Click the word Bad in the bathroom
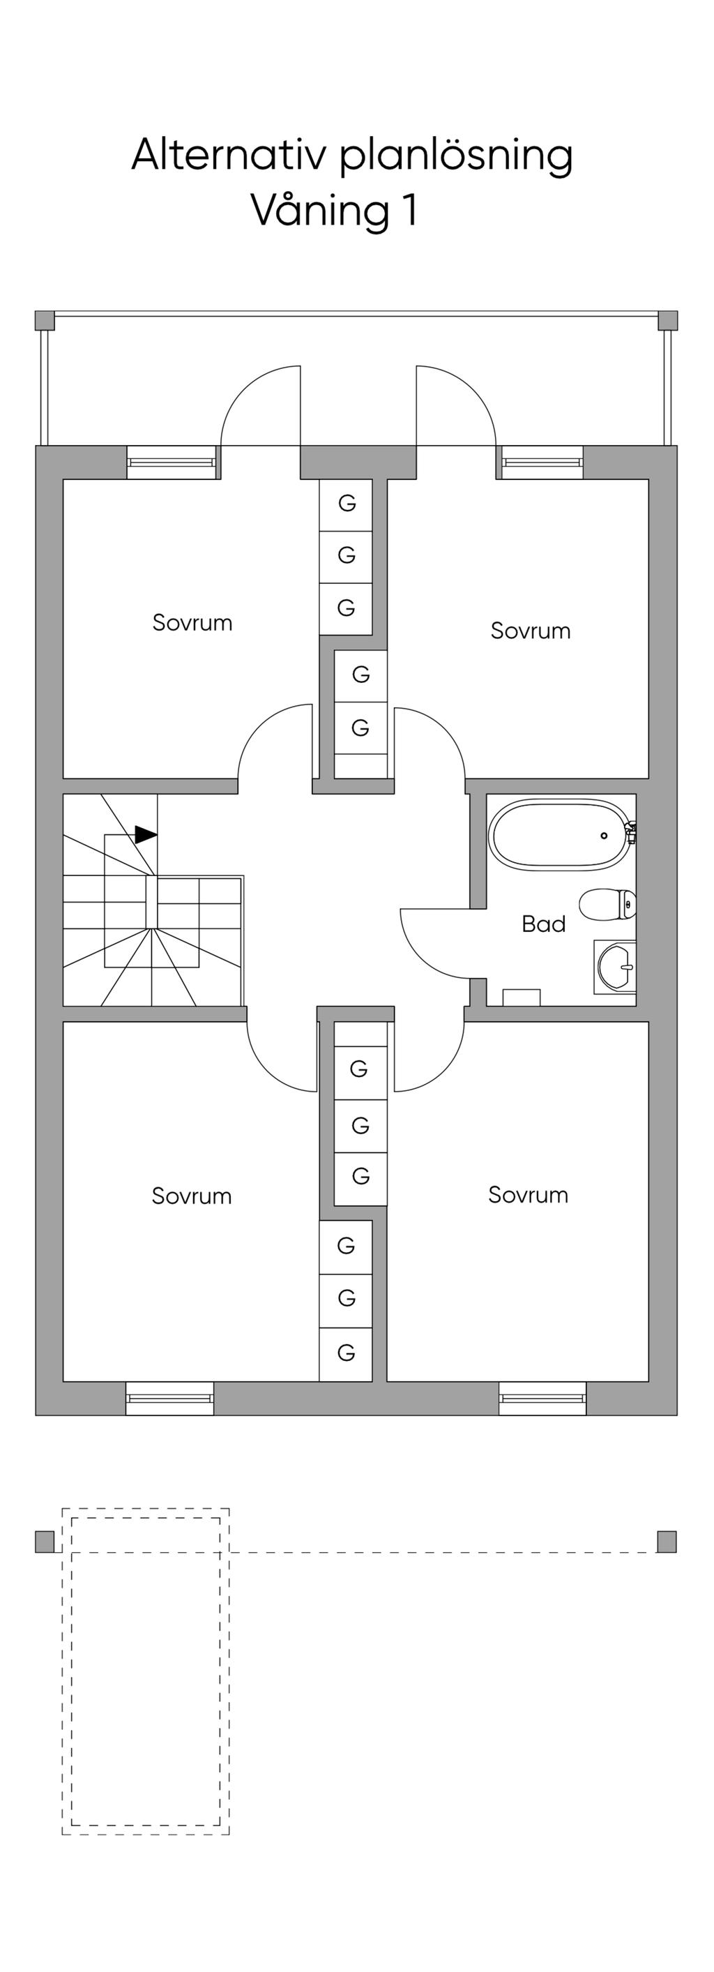[x=543, y=924]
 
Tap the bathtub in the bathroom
[x=562, y=834]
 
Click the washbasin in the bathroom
[x=614, y=967]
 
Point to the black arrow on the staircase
[x=146, y=834]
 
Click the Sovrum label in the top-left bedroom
[x=192, y=622]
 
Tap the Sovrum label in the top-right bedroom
[x=531, y=631]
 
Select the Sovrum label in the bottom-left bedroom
[x=191, y=1196]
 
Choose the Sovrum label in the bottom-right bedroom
[x=528, y=1195]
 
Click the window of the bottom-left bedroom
[x=170, y=1399]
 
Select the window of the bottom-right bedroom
[x=542, y=1399]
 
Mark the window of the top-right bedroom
[x=540, y=462]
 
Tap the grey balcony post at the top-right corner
[x=668, y=320]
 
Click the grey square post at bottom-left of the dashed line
[x=45, y=1542]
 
